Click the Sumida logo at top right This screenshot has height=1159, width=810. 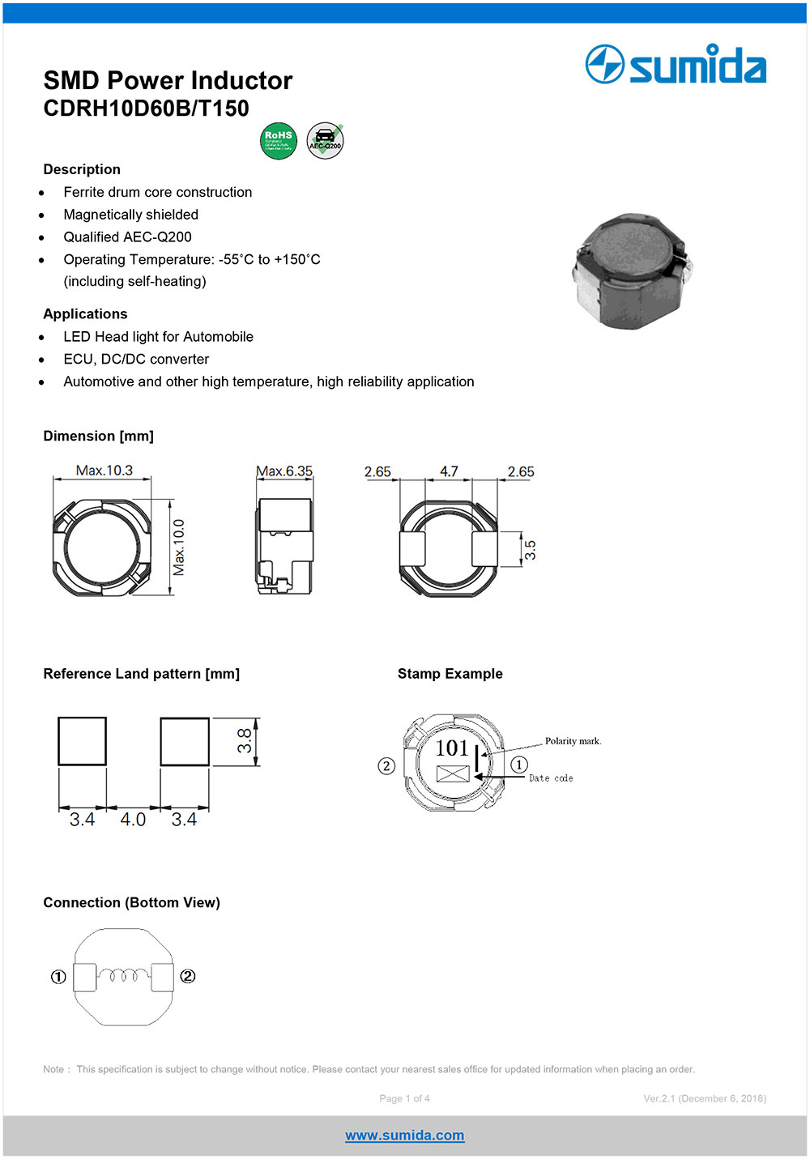(x=676, y=65)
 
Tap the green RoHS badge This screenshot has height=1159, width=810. (x=278, y=141)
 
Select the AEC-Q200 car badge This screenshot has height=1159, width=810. (x=325, y=141)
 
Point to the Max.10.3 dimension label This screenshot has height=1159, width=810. (x=104, y=471)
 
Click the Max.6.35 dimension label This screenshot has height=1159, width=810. (x=284, y=471)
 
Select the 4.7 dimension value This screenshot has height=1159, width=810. (x=449, y=471)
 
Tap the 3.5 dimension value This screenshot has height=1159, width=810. (x=531, y=551)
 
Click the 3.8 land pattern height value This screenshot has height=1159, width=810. (x=245, y=741)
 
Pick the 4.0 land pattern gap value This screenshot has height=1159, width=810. (x=133, y=820)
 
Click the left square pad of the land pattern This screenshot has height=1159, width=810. (x=82, y=741)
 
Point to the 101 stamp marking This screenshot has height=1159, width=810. (x=452, y=748)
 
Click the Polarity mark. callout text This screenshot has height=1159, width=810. (x=573, y=741)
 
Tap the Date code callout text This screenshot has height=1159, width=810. (x=551, y=778)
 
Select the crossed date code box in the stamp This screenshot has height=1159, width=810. (x=453, y=773)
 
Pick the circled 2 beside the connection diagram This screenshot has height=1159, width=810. (x=188, y=977)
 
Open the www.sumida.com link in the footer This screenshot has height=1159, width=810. (x=405, y=1136)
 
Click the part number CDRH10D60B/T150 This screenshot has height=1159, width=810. (x=146, y=109)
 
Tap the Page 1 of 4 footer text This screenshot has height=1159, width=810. (x=405, y=1098)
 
